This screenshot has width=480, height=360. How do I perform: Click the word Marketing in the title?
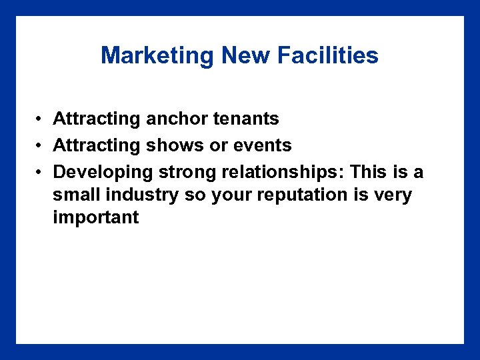tap(158, 55)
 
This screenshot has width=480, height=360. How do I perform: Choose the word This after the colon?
tap(373, 172)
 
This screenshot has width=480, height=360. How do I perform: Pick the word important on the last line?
tap(96, 217)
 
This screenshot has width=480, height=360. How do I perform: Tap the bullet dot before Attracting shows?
tap(41, 146)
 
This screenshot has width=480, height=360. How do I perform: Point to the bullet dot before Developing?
tap(41, 173)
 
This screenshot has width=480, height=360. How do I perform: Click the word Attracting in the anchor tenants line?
tap(97, 119)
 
